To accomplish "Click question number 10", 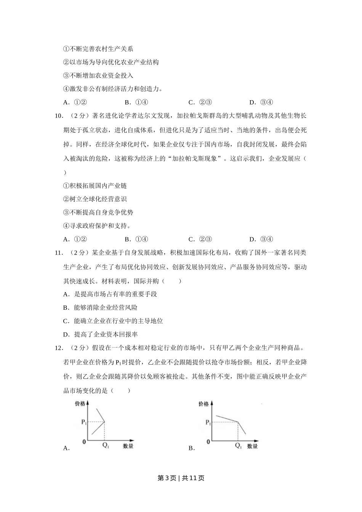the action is coord(59,116).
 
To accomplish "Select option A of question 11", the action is coord(110,294).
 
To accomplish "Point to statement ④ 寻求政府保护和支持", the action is coord(97,226).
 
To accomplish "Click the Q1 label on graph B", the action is coord(238,445).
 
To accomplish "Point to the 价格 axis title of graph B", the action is coord(203,404).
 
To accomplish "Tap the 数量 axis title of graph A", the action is coord(128,446).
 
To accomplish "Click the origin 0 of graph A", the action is coord(85,442).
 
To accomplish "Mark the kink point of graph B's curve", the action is coord(238,422).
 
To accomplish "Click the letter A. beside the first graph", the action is coord(66,448).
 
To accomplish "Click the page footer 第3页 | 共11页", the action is coord(181,478).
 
